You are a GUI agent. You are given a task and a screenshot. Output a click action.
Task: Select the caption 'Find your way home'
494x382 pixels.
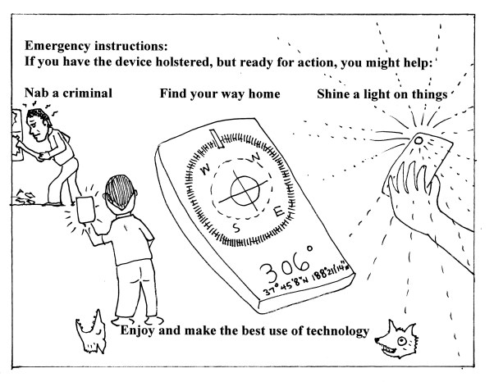click(x=219, y=93)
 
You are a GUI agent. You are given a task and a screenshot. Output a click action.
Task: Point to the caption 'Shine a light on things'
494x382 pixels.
click(x=381, y=94)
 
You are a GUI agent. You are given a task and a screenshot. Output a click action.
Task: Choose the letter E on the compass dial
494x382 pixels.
click(x=279, y=212)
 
